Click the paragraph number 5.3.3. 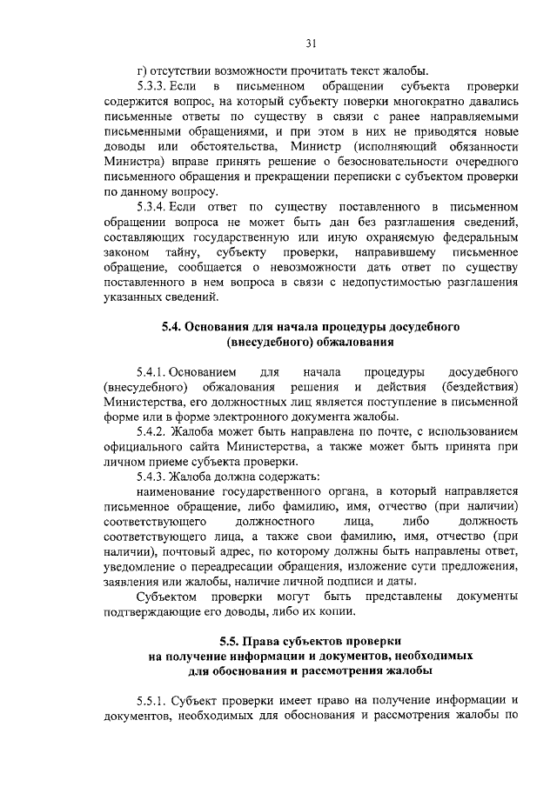[153, 87]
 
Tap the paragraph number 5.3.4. [153, 205]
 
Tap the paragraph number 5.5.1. [153, 700]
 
